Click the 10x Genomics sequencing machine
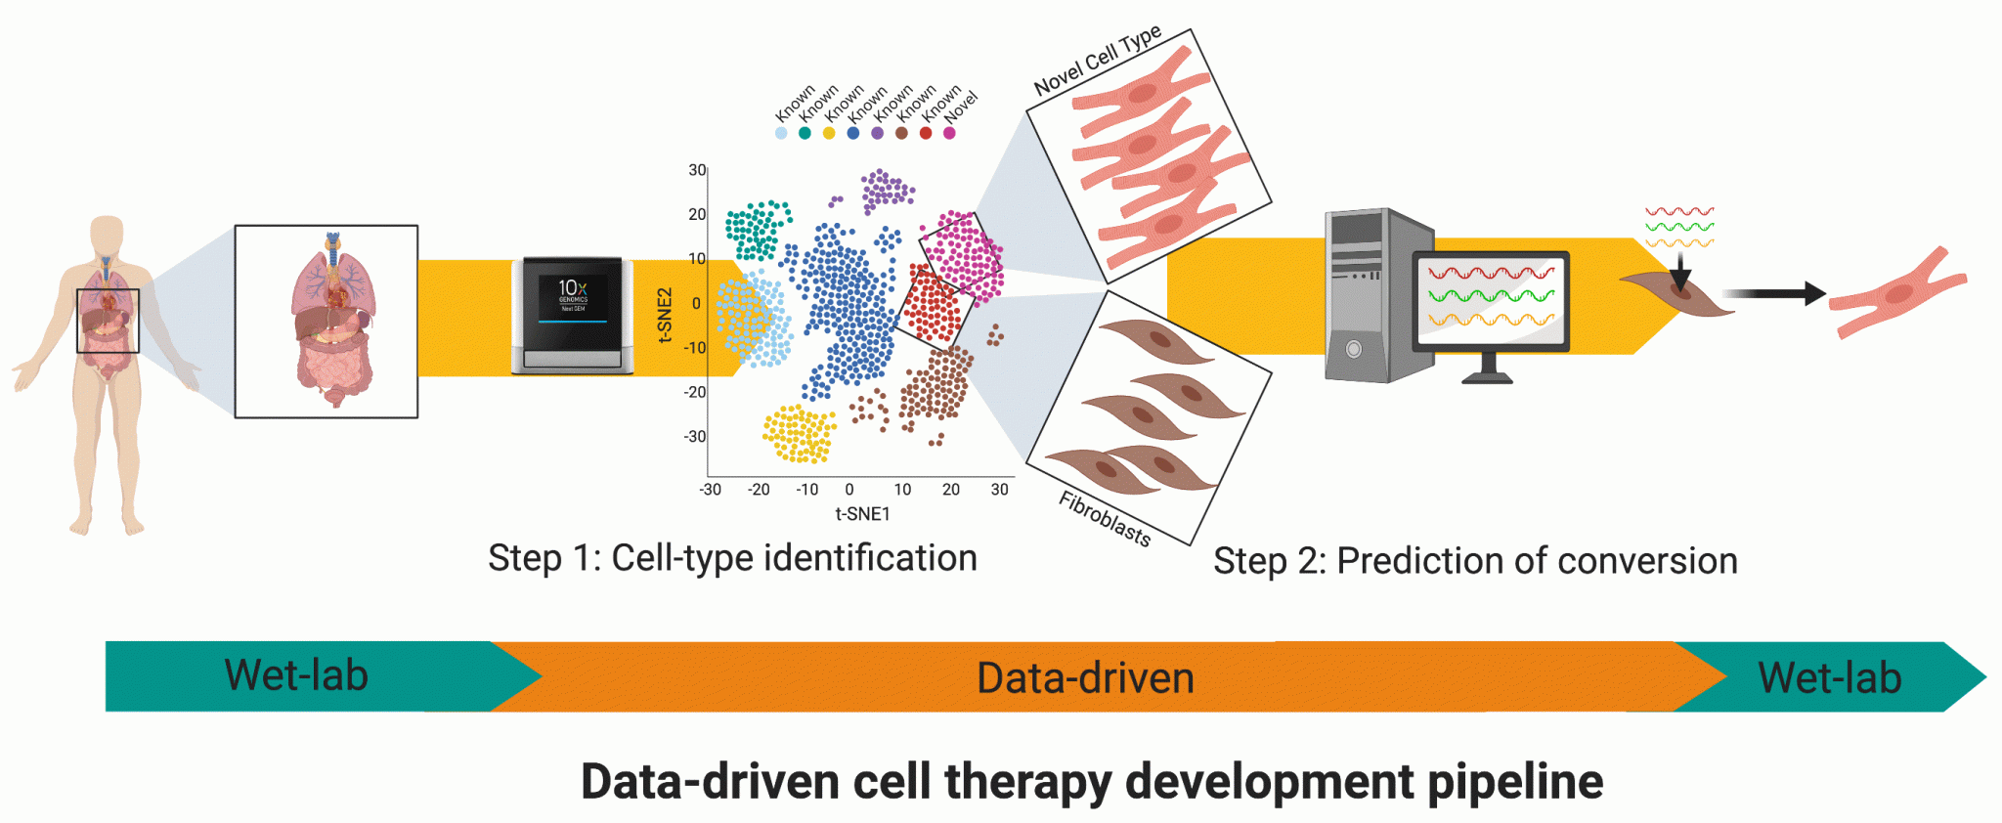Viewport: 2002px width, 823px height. [572, 315]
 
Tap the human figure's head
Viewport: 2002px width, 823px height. [107, 235]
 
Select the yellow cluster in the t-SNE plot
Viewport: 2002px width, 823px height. [799, 434]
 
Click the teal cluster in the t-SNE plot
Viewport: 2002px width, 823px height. [755, 229]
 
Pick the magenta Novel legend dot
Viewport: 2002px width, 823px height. [949, 133]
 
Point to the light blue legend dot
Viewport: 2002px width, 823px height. [781, 133]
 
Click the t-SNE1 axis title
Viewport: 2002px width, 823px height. [862, 514]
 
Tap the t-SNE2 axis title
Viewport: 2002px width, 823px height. [666, 315]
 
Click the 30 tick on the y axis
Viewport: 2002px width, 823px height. [697, 170]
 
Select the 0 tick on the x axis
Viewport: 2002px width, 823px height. [849, 490]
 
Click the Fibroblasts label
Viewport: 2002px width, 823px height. [1105, 519]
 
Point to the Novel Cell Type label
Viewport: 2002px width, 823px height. [1097, 61]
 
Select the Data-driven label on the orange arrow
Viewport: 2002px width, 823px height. [1085, 678]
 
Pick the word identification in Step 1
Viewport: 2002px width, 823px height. [870, 558]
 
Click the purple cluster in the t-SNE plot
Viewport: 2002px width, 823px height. [886, 190]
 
